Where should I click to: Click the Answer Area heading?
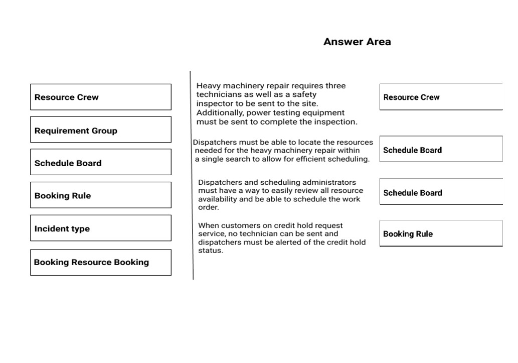point(357,42)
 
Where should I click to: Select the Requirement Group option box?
point(100,130)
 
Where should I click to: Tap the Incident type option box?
point(100,228)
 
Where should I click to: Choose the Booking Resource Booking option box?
point(100,262)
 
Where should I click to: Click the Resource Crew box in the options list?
point(100,97)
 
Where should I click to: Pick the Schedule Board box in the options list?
point(100,163)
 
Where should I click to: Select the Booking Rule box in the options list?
point(100,195)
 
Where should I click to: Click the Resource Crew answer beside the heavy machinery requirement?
point(440,97)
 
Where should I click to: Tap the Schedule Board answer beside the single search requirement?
point(440,150)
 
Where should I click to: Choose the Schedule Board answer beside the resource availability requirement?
point(440,192)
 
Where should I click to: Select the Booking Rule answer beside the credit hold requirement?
point(440,233)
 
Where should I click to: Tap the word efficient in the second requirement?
point(307,159)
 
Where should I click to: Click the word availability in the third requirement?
point(218,199)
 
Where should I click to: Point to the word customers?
point(240,226)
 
